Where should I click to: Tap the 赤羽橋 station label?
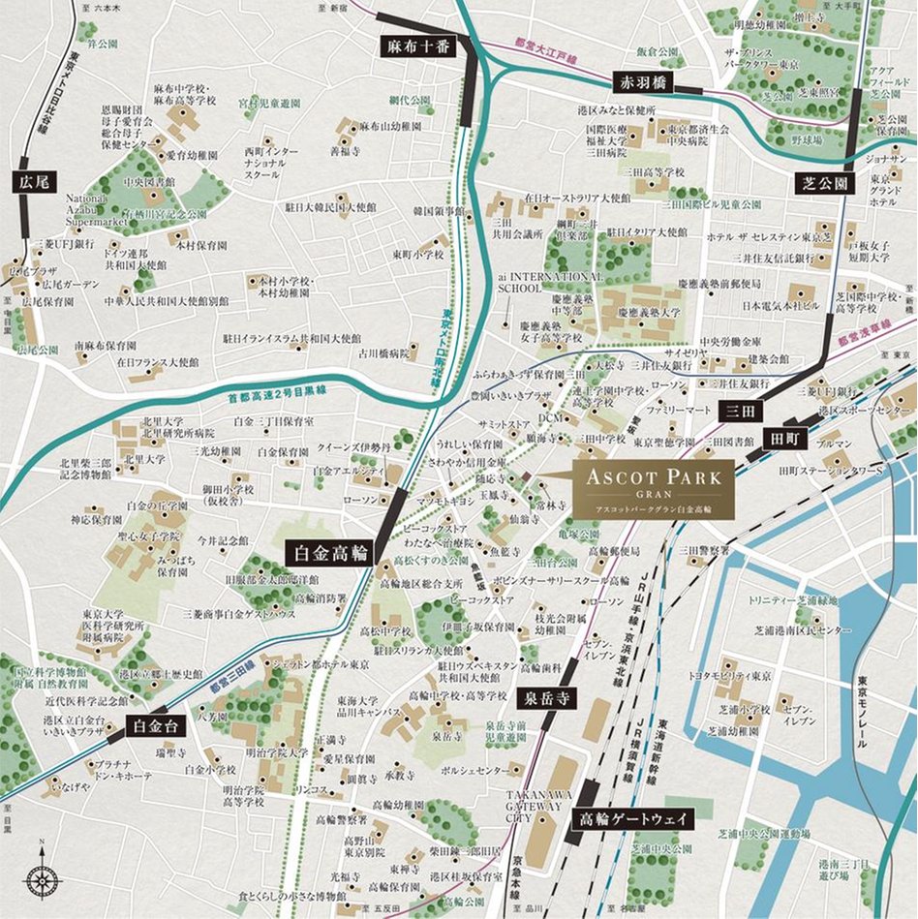[642, 82]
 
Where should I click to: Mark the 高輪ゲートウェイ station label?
[634, 818]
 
